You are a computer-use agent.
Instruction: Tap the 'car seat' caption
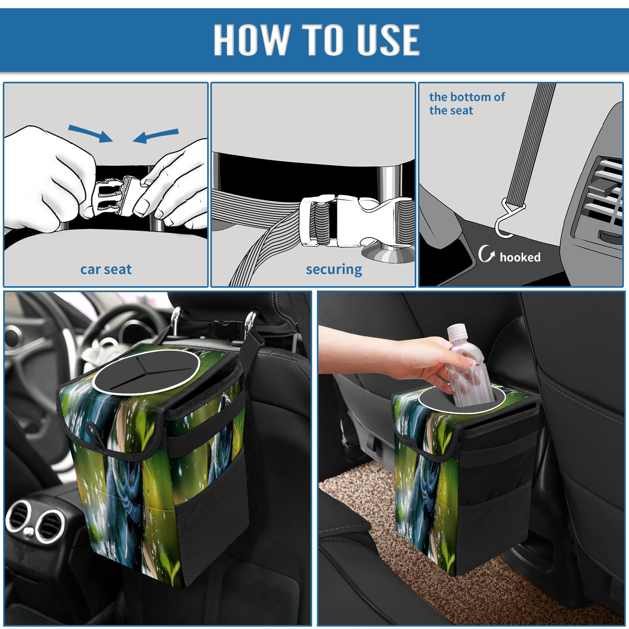click(x=106, y=269)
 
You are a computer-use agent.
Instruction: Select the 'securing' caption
click(x=334, y=270)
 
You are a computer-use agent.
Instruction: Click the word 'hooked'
click(x=520, y=257)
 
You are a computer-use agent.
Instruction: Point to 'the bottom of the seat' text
click(x=467, y=103)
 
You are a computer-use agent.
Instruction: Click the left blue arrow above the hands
click(x=90, y=133)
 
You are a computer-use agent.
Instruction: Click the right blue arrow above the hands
click(x=156, y=136)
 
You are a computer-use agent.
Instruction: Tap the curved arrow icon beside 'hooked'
click(x=486, y=254)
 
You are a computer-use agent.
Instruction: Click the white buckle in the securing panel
click(x=356, y=221)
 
